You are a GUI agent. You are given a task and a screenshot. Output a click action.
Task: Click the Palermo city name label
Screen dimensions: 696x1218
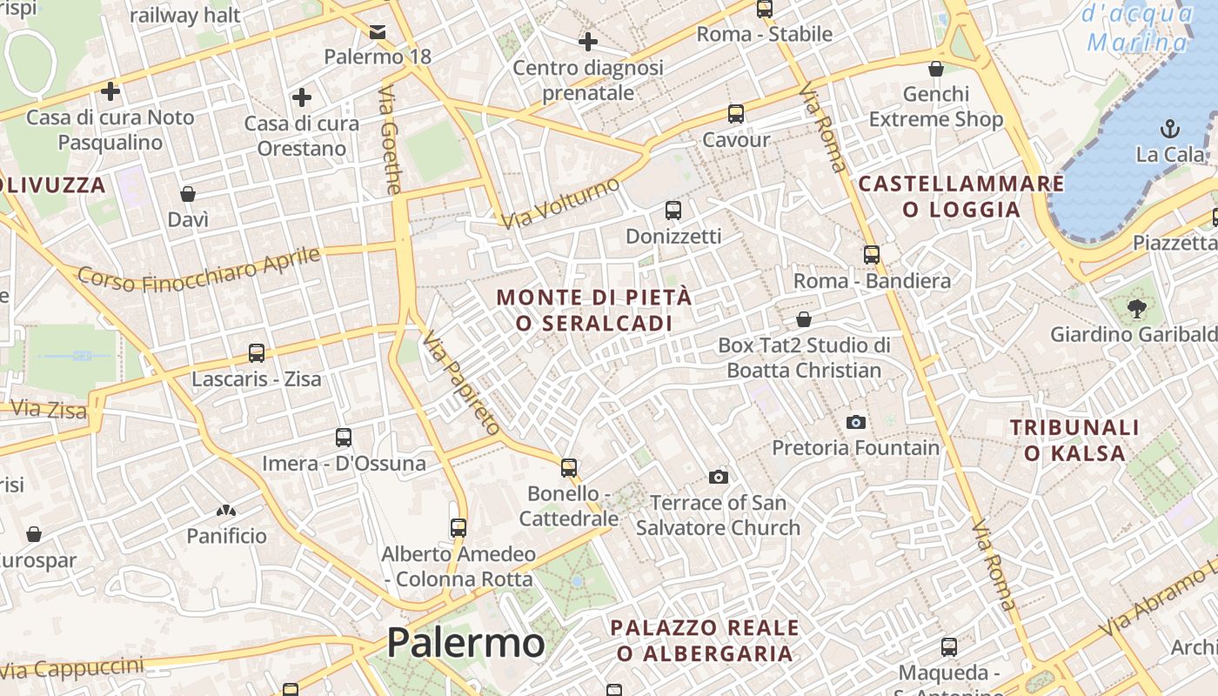tap(465, 644)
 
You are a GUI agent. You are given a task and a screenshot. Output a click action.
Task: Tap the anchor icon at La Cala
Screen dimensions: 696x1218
tap(1170, 130)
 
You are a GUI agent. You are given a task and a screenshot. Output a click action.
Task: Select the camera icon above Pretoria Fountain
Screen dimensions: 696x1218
tap(856, 422)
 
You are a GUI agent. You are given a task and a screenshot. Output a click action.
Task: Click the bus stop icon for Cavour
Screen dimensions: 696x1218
tap(736, 114)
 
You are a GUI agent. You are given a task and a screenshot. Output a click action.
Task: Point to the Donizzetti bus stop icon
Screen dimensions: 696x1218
tap(673, 211)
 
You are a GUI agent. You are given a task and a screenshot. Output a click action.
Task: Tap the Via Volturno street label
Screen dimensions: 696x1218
tap(561, 203)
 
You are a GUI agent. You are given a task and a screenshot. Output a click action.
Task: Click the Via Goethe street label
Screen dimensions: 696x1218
tap(391, 139)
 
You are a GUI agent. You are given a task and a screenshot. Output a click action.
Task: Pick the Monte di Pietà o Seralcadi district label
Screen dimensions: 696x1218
tap(594, 310)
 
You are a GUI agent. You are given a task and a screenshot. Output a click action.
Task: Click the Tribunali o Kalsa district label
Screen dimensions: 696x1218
tap(1074, 439)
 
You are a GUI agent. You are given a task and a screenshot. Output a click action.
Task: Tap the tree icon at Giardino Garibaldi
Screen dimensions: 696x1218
tap(1136, 307)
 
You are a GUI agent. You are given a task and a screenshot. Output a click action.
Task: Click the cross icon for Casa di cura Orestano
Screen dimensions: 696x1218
tap(302, 97)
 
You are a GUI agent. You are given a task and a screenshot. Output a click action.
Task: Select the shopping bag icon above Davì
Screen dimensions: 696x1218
tap(188, 193)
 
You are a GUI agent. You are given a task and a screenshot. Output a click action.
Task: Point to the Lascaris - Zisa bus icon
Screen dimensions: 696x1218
tap(256, 353)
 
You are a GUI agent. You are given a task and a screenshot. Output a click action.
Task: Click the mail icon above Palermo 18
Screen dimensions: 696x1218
tap(378, 32)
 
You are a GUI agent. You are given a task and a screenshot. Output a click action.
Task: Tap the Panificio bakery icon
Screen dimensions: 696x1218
tap(226, 510)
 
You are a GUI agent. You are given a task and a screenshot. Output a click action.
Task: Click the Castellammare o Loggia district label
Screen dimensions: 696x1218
tap(960, 196)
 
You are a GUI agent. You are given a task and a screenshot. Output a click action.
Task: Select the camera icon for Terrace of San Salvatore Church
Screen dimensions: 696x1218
tap(718, 477)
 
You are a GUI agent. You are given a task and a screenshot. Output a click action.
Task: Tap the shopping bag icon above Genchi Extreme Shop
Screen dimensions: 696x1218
tap(936, 69)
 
